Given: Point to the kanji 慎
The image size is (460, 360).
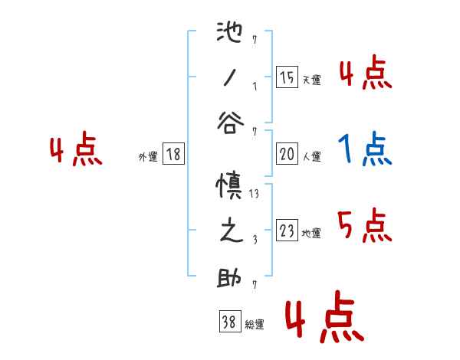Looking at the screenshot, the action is pyautogui.click(x=231, y=188).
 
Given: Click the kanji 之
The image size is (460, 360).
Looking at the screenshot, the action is pyautogui.click(x=231, y=232).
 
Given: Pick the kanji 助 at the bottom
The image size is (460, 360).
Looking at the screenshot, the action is pyautogui.click(x=231, y=278).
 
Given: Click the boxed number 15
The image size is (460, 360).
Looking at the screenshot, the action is pyautogui.click(x=287, y=77).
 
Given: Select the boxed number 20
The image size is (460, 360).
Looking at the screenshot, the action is pyautogui.click(x=287, y=154).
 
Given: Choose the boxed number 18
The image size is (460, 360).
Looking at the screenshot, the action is pyautogui.click(x=172, y=154).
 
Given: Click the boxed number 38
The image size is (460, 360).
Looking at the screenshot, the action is pyautogui.click(x=228, y=322).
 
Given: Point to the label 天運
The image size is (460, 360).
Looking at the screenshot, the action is pyautogui.click(x=311, y=80).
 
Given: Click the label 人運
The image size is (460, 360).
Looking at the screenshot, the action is pyautogui.click(x=311, y=156).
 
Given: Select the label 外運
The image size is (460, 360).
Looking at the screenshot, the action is pyautogui.click(x=148, y=156).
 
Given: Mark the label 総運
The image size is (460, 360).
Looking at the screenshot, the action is pyautogui.click(x=254, y=325).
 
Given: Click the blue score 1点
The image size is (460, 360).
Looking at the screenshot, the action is pyautogui.click(x=364, y=148).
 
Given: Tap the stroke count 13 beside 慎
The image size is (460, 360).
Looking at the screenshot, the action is pyautogui.click(x=254, y=195).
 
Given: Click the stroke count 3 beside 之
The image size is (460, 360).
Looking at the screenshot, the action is pyautogui.click(x=254, y=240).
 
